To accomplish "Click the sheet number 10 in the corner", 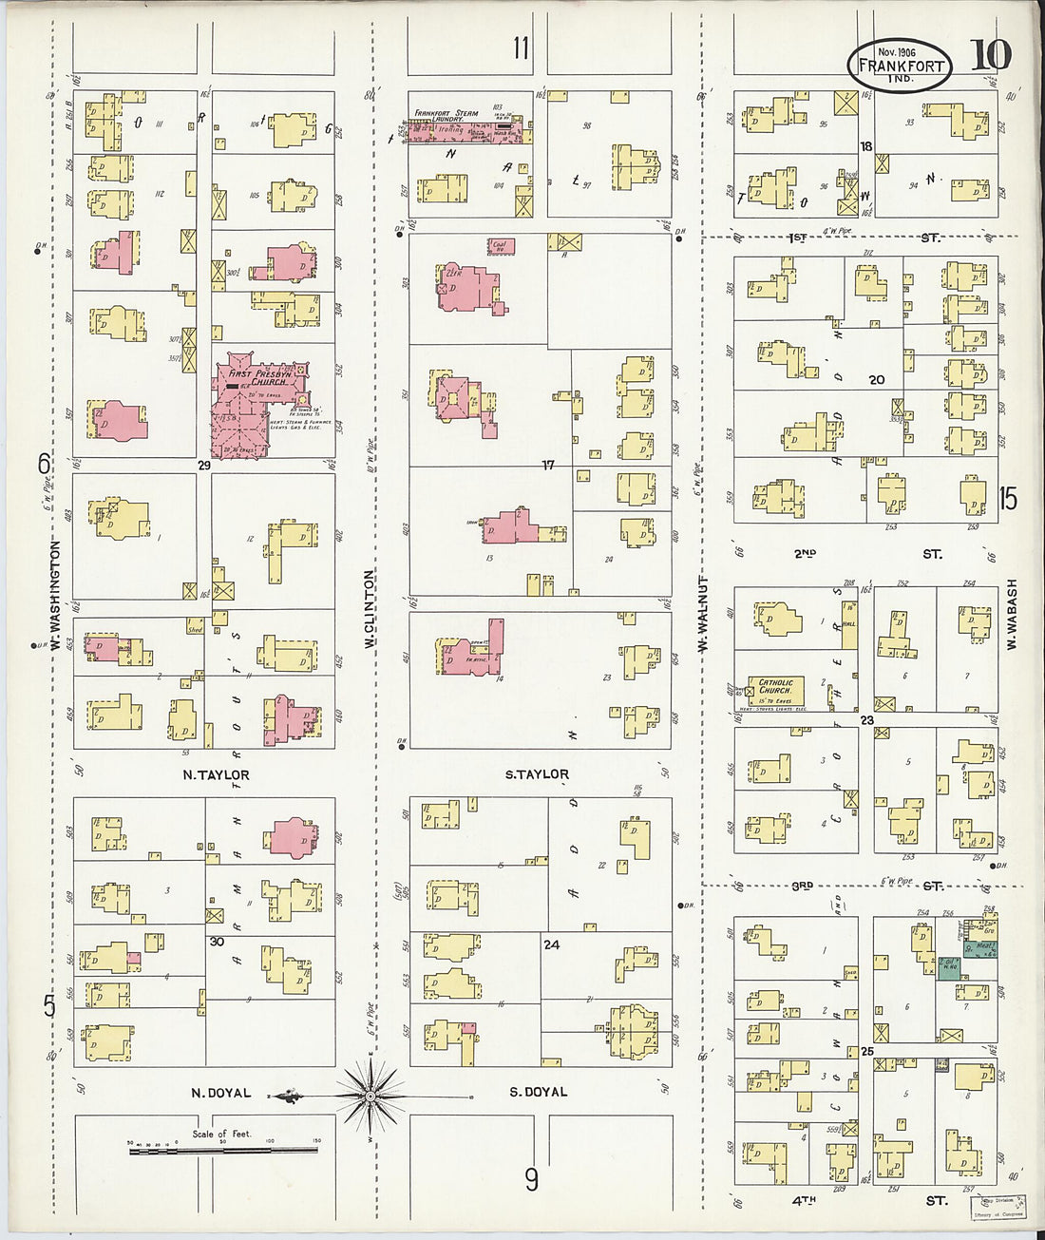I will [x=991, y=56].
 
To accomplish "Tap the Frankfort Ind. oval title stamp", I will [x=899, y=66].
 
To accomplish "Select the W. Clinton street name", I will [x=370, y=608].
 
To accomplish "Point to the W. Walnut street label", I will [x=704, y=613].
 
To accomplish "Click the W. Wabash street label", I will [x=1012, y=615].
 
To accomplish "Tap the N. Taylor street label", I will [x=216, y=775].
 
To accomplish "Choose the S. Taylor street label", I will [x=537, y=774].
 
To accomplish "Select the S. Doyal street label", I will [x=539, y=1092].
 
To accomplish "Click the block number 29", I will [x=203, y=466].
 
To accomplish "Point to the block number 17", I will [x=548, y=466].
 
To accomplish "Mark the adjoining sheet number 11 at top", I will [x=521, y=48].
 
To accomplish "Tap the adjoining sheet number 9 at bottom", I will [x=531, y=1179].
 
